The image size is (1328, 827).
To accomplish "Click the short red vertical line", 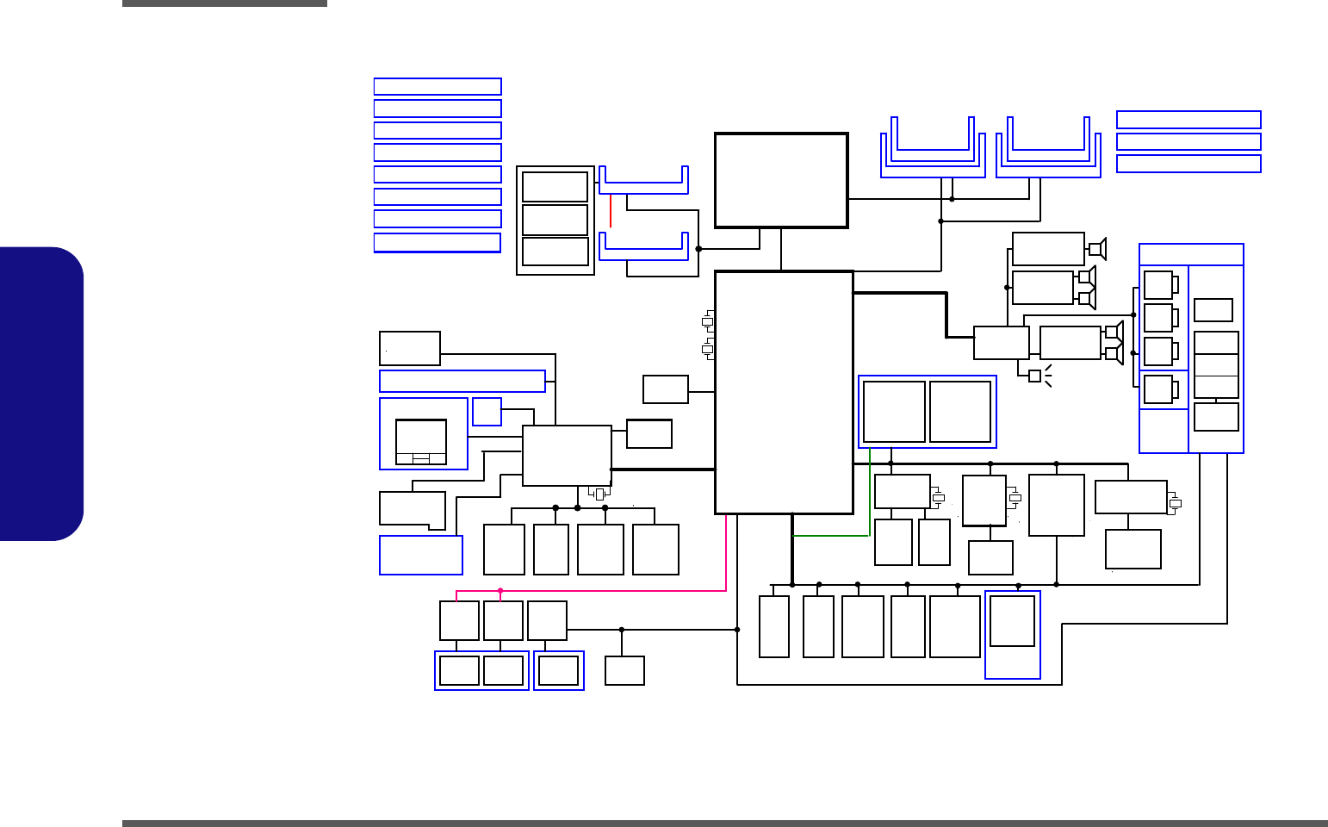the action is click(x=611, y=210).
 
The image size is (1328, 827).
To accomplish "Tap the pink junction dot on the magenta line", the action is click(x=500, y=591).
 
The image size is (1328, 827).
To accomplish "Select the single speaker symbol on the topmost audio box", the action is click(x=1096, y=249).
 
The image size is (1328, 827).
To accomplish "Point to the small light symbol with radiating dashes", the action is click(x=1035, y=376).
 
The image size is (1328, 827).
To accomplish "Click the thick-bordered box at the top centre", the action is click(x=781, y=180).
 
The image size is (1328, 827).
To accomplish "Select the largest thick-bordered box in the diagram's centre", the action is click(x=784, y=392).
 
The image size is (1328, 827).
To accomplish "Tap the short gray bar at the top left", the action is click(x=225, y=3).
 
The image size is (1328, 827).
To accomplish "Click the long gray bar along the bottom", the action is click(x=724, y=824).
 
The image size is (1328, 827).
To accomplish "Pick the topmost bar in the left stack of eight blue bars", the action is click(x=437, y=86).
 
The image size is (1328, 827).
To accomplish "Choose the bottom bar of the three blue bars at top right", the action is click(x=1188, y=164).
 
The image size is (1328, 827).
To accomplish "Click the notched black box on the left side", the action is click(x=412, y=509).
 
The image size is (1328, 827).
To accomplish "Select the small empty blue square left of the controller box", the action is click(x=487, y=412).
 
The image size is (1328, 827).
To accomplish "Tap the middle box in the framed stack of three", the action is click(x=555, y=220).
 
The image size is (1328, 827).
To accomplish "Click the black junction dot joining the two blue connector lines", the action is click(x=698, y=249).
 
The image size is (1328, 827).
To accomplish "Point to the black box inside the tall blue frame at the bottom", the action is click(x=1012, y=620).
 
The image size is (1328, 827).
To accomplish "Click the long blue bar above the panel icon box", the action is click(x=462, y=381).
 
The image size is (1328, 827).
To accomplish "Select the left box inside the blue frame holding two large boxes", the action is click(x=894, y=412).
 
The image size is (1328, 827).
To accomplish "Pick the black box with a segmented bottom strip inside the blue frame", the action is click(x=421, y=442).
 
